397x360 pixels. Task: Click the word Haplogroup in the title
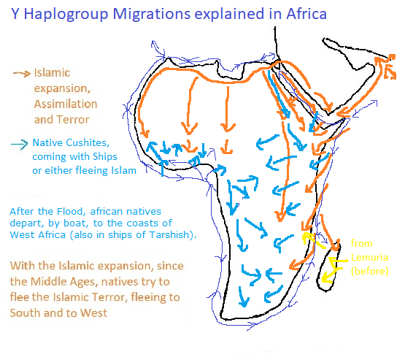pyautogui.click(x=66, y=14)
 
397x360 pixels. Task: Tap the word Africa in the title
pyautogui.click(x=307, y=14)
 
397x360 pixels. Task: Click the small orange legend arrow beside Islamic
pyautogui.click(x=22, y=74)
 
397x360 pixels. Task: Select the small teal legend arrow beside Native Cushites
pyautogui.click(x=19, y=145)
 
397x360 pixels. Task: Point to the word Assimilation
pyautogui.click(x=66, y=104)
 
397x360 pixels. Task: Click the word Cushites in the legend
pyautogui.click(x=88, y=142)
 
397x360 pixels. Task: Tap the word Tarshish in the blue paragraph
pyautogui.click(x=169, y=234)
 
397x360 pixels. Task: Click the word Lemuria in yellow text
pyautogui.click(x=369, y=257)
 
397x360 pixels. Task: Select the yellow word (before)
pyautogui.click(x=369, y=271)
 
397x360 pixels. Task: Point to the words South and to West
pyautogui.click(x=58, y=313)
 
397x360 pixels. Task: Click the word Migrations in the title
pyautogui.click(x=151, y=14)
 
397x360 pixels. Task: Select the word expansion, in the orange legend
pyautogui.click(x=62, y=88)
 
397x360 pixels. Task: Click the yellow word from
pyautogui.click(x=361, y=244)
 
